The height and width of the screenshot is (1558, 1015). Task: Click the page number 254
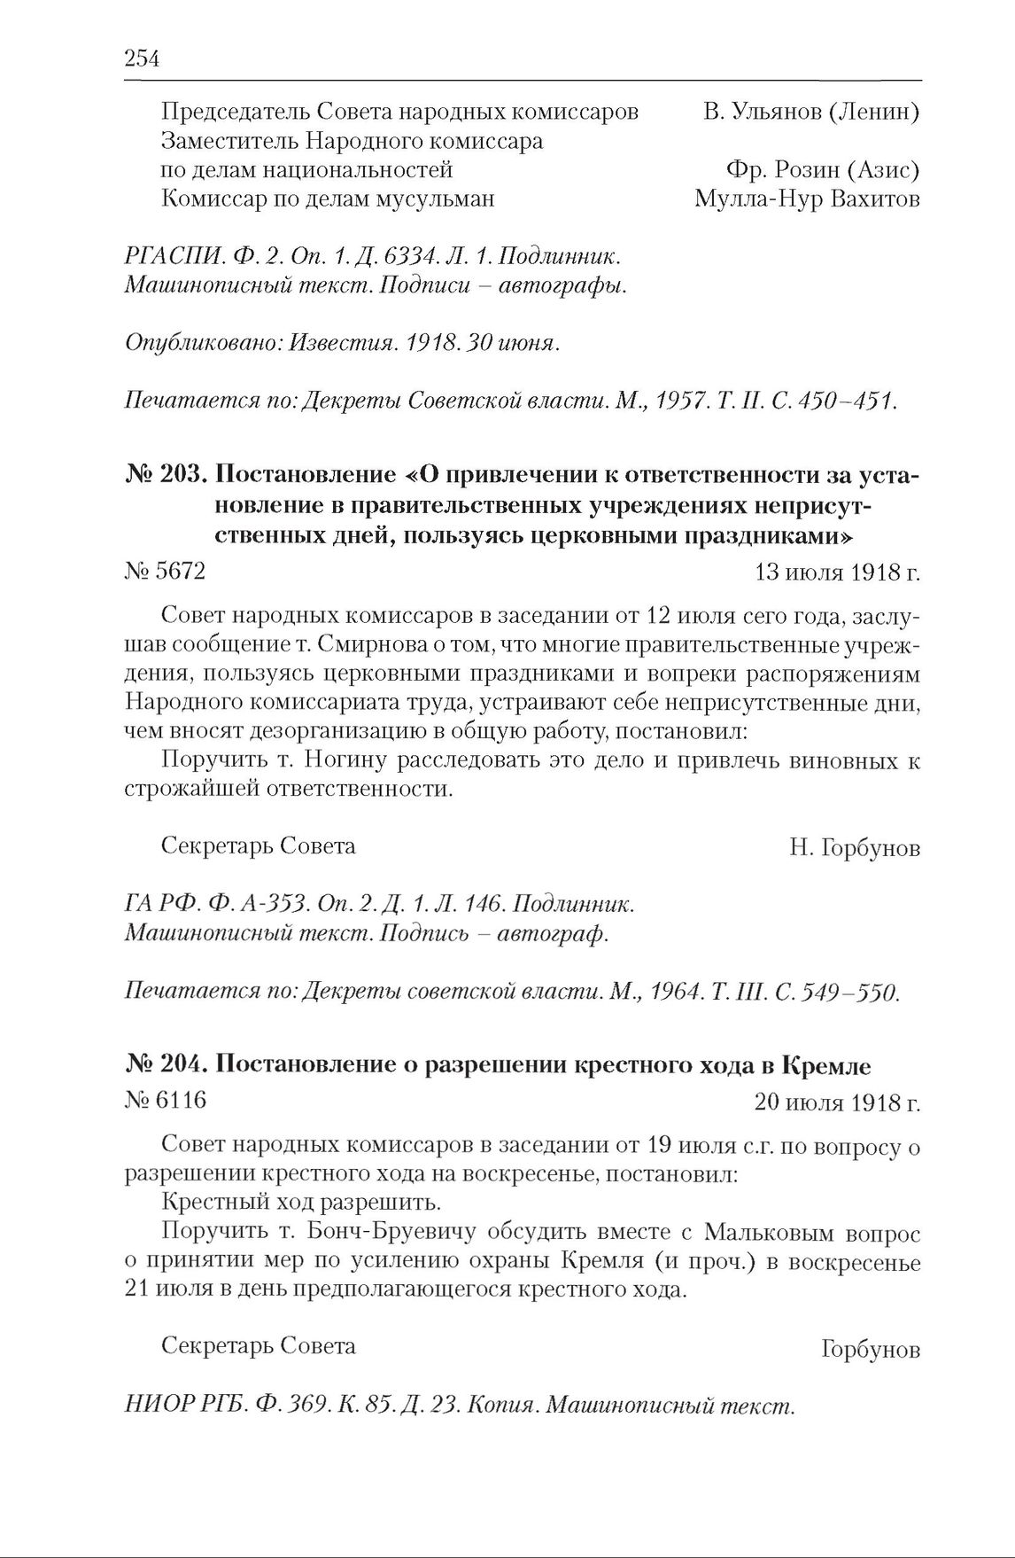(x=142, y=58)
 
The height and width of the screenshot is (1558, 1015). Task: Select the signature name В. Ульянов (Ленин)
(x=810, y=113)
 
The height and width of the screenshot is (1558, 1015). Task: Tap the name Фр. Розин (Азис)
(x=822, y=169)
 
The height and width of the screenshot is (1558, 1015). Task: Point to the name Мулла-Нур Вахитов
(x=807, y=199)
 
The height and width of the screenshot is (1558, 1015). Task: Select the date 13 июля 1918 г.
(x=837, y=573)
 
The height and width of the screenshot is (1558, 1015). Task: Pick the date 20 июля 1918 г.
(x=837, y=1102)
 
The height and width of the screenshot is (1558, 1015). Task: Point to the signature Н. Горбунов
(x=855, y=848)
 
